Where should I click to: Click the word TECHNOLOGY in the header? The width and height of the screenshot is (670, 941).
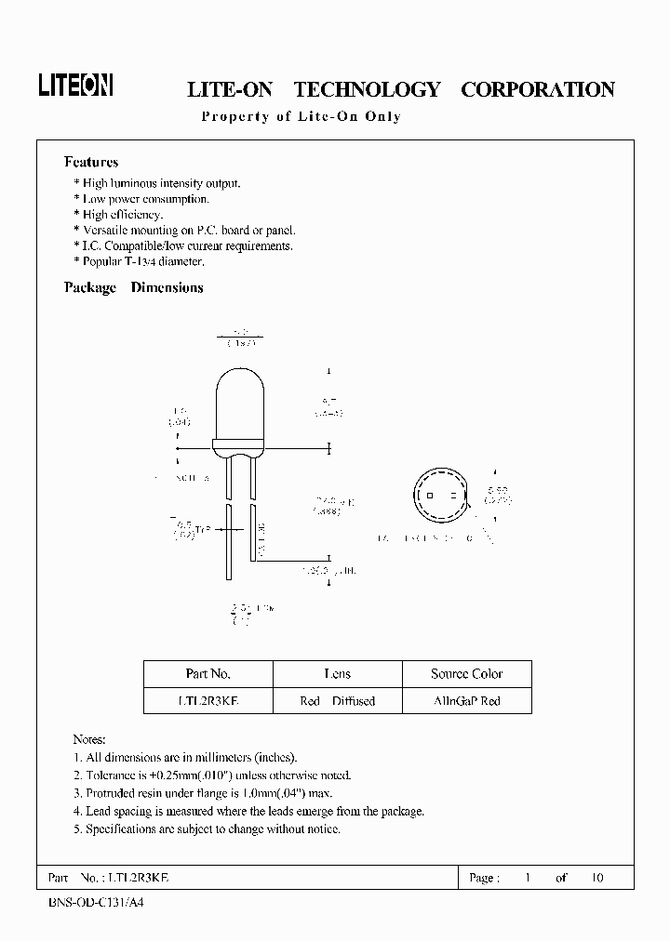tap(367, 90)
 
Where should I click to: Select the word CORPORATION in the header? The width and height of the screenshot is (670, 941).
tap(538, 90)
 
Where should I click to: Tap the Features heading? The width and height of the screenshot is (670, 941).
tap(90, 162)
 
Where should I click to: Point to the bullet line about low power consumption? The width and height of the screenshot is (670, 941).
tap(145, 199)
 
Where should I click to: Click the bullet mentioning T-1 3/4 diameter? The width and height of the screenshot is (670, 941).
tap(142, 262)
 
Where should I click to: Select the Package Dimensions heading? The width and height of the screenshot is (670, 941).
tap(133, 288)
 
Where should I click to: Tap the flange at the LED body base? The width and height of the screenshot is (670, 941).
tap(239, 448)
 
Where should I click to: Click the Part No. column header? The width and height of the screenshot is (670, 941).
tap(208, 674)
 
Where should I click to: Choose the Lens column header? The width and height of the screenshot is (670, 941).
tap(337, 674)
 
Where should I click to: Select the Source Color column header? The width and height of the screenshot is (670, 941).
tap(466, 674)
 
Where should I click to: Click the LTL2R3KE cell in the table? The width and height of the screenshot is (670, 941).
tap(208, 700)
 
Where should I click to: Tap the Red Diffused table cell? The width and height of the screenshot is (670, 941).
tap(337, 700)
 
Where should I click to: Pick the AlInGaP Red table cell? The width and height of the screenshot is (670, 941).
tap(466, 700)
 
